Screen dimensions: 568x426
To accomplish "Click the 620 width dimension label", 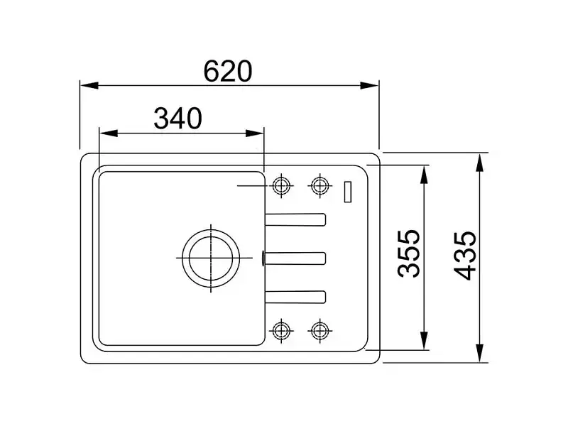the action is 227,72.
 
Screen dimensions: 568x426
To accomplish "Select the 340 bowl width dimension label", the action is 178,119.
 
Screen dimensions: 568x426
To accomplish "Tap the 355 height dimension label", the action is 409,253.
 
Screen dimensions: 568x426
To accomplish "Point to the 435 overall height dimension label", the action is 465,256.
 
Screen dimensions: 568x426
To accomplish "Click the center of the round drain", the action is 211,258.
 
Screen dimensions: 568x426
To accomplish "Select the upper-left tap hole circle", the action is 281,185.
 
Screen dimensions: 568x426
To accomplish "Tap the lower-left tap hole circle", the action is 281,330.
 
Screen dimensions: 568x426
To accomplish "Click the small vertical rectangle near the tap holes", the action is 348,191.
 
